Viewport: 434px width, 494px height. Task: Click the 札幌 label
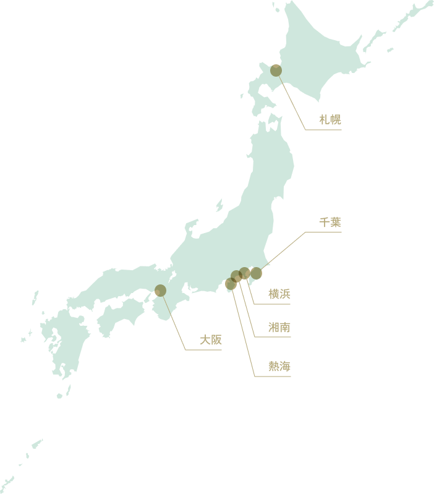coord(330,120)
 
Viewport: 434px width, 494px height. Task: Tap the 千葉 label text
coord(330,222)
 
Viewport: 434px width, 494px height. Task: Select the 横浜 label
coord(279,294)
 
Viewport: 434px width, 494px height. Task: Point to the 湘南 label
coord(279,328)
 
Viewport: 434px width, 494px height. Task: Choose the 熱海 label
coord(279,367)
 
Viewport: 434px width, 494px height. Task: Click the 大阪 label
coord(210,340)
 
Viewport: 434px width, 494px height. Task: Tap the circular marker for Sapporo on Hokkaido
coord(276,70)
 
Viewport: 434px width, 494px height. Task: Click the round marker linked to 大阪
coord(161,291)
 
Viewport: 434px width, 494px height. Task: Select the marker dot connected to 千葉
coord(256,273)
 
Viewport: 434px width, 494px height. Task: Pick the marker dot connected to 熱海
coord(230,284)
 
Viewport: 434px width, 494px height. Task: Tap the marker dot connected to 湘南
coord(236,276)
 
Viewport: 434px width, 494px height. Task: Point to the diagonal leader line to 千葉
coord(282,252)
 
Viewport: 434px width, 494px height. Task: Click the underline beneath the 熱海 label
coord(272,377)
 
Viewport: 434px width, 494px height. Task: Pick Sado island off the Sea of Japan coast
coord(219,205)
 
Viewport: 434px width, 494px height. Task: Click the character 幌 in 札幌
coord(335,120)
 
